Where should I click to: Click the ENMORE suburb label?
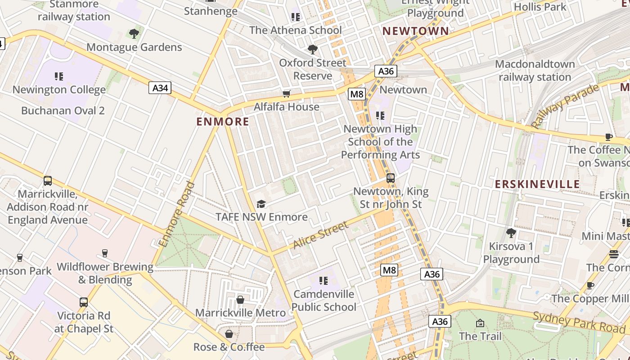[x=223, y=121]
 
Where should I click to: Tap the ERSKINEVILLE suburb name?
[x=537, y=184]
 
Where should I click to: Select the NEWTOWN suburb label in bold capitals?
[x=415, y=31]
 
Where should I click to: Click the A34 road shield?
[x=160, y=88]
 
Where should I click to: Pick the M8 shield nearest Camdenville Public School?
[x=389, y=270]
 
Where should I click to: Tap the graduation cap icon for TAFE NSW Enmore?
[x=261, y=204]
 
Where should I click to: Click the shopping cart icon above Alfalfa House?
[x=286, y=94]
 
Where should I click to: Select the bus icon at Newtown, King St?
[x=391, y=178]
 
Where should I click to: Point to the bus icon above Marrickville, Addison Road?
[x=48, y=181]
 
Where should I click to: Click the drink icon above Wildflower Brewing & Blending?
[x=105, y=253]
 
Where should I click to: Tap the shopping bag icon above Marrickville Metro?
[x=240, y=300]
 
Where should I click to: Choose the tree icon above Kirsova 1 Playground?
[x=511, y=233]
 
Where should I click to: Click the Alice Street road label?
[x=321, y=234]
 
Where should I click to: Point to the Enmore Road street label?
[x=177, y=214]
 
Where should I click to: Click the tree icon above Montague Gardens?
[x=134, y=34]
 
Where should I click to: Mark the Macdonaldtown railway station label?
[x=535, y=71]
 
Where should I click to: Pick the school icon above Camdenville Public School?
[x=323, y=281]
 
